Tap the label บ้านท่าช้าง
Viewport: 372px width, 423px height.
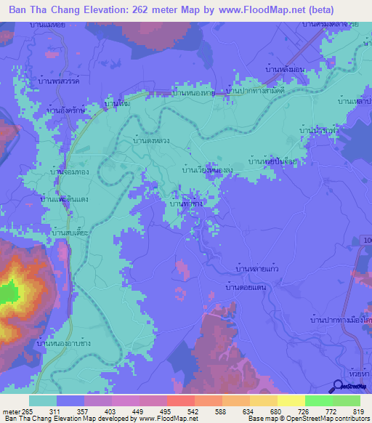pyautogui.click(x=186, y=205)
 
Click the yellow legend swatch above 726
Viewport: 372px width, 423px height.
pyautogui.click(x=291, y=400)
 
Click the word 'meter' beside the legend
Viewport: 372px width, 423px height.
pyautogui.click(x=12, y=412)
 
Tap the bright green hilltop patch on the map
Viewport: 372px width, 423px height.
pyautogui.click(x=8, y=293)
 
